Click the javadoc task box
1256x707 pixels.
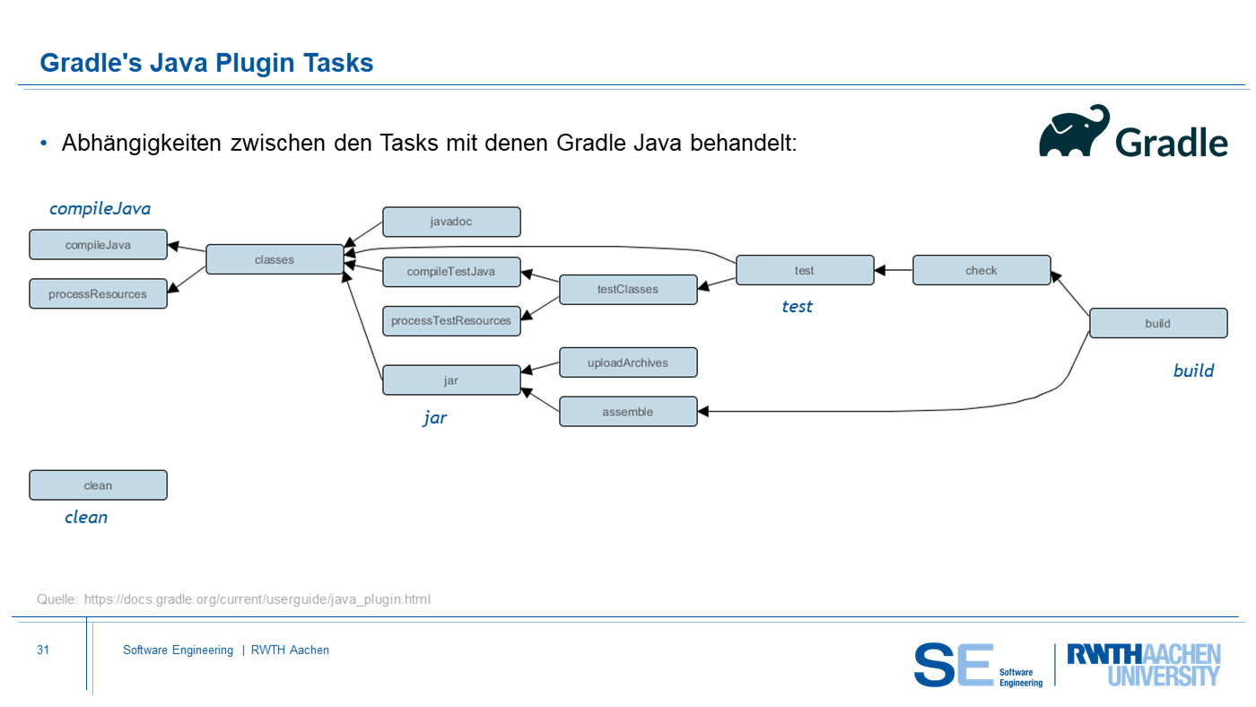[451, 222]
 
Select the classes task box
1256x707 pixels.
[275, 259]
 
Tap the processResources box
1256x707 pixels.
[98, 293]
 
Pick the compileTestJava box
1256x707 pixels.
[451, 271]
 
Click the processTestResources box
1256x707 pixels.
[451, 320]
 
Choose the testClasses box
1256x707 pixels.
[628, 289]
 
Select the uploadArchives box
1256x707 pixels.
[628, 362]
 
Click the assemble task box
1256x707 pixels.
[628, 412]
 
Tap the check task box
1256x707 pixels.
[981, 270]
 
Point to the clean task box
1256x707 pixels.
[98, 485]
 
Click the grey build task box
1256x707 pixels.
[1158, 323]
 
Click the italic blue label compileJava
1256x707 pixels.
[100, 208]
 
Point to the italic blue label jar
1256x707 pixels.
[434, 418]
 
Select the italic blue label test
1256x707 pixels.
[797, 306]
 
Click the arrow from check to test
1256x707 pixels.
[894, 270]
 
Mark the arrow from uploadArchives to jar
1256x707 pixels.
[540, 367]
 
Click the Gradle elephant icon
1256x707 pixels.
[1074, 131]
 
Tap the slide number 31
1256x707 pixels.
[43, 650]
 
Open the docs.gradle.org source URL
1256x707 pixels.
[257, 599]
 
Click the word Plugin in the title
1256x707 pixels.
[255, 64]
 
